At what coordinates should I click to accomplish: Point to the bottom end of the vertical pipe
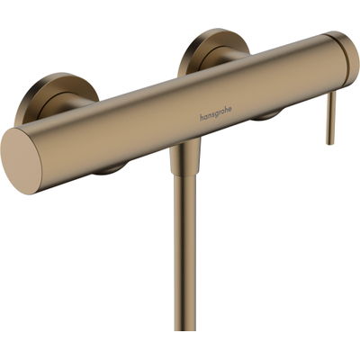pyautogui.click(x=187, y=353)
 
